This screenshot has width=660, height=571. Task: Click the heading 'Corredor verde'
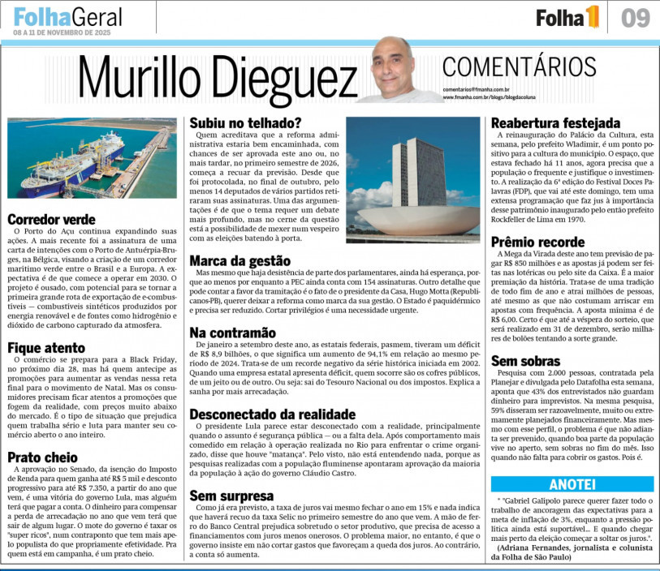point(50,219)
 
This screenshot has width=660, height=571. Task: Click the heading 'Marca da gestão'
point(239,260)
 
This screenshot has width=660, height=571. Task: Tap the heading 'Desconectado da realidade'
point(272,414)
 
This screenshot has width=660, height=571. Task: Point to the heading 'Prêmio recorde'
point(538,242)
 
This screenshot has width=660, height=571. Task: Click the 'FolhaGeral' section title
point(68,16)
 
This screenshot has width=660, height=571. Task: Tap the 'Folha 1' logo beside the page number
point(567,16)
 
